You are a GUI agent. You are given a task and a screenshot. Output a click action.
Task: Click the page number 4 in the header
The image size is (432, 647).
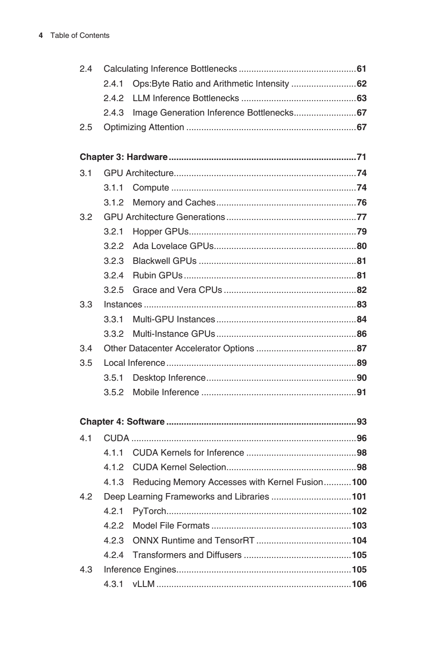(x=41, y=35)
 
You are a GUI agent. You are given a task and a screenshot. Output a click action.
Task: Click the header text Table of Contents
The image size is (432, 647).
(x=80, y=35)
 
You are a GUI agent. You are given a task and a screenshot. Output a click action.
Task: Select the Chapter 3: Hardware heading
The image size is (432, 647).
(x=123, y=157)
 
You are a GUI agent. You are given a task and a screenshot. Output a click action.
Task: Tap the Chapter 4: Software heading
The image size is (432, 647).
(x=122, y=422)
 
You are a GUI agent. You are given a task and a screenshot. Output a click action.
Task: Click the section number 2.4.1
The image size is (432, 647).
(x=113, y=84)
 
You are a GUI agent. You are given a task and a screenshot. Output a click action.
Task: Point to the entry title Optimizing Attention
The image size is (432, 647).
(x=144, y=127)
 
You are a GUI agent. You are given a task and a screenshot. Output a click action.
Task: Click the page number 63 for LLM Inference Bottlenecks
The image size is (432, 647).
(x=361, y=98)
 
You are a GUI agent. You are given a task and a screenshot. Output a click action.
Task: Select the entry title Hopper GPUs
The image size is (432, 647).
(x=161, y=232)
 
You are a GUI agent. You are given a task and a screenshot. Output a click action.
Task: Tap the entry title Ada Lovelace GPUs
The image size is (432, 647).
(x=173, y=246)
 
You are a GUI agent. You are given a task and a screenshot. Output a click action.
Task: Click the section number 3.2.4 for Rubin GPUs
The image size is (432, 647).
(x=113, y=276)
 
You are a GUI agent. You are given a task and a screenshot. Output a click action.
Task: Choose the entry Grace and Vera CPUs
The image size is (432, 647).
(x=177, y=290)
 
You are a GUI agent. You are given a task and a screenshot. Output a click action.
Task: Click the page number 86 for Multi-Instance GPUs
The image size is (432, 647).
(x=361, y=334)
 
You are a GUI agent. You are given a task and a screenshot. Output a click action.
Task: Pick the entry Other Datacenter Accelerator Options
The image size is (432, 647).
(x=179, y=348)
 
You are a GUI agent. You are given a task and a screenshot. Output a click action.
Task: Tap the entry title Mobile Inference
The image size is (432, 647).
(x=166, y=392)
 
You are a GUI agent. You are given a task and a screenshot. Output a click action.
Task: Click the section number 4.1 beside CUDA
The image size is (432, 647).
(x=86, y=438)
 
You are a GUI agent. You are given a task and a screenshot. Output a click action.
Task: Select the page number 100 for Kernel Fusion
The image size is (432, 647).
(x=359, y=482)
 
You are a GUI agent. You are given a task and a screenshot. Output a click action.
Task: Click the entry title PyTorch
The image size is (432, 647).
(x=149, y=511)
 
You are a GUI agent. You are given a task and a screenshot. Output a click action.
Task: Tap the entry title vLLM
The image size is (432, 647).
(x=144, y=584)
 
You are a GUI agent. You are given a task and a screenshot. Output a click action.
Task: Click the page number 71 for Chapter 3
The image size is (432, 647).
(x=361, y=157)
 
